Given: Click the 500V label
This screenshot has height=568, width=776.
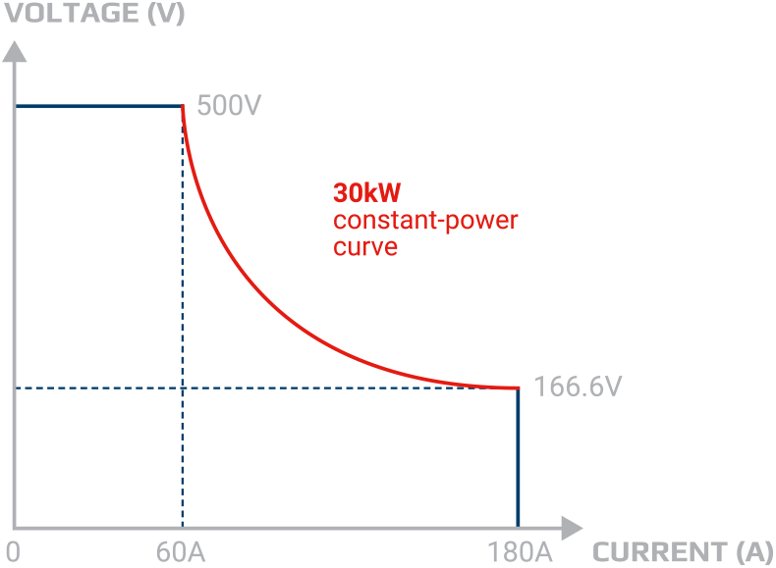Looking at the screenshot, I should click(x=229, y=106).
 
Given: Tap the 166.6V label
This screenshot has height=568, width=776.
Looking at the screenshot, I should click(x=577, y=387).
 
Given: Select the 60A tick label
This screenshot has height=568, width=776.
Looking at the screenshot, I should click(x=180, y=551).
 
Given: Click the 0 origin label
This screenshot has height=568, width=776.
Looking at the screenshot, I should click(x=12, y=551).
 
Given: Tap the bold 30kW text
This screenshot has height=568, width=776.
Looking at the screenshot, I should click(x=366, y=192).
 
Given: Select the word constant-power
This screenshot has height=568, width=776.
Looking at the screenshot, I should click(x=425, y=220).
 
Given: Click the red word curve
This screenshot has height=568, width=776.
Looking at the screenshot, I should click(x=365, y=246).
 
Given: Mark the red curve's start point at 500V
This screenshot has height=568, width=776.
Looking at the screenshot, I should click(x=184, y=107).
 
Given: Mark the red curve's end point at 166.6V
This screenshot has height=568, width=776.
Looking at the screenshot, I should click(x=517, y=388).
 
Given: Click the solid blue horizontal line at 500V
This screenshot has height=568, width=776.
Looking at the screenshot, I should click(x=98, y=105).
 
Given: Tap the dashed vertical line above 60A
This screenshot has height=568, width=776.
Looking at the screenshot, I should click(x=184, y=314).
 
